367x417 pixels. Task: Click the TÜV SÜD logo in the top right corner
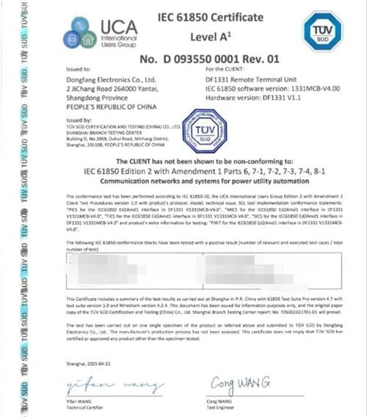pyautogui.click(x=322, y=31)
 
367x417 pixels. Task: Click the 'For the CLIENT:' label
pyautogui.click(x=227, y=68)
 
